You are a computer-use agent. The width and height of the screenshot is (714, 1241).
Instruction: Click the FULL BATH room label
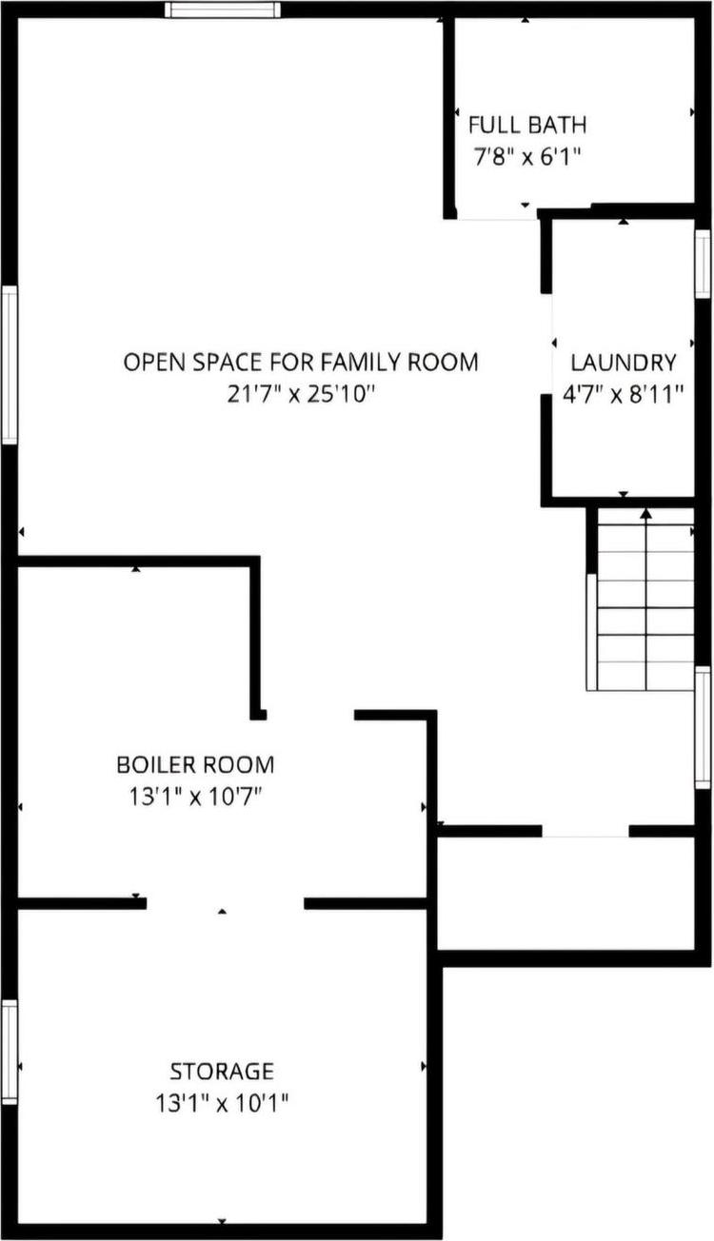click(x=526, y=125)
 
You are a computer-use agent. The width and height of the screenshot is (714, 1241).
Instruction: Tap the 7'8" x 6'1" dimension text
click(x=526, y=157)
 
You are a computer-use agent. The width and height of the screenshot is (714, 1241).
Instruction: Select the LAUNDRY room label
click(x=624, y=363)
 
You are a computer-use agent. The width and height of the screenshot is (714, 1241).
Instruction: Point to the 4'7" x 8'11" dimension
click(x=624, y=394)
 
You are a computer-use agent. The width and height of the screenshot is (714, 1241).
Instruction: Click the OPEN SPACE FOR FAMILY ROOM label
click(x=300, y=363)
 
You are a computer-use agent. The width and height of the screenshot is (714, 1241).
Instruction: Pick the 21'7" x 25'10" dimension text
click(x=300, y=394)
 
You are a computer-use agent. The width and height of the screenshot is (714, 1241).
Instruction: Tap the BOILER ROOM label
click(x=195, y=764)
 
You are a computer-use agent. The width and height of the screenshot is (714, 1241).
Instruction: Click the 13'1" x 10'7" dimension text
click(x=195, y=797)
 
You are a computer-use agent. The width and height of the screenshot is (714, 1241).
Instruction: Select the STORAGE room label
click(x=222, y=1072)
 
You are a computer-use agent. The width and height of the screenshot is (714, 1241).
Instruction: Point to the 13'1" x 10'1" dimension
click(x=222, y=1104)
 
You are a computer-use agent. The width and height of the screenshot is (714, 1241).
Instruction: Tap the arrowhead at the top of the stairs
click(x=646, y=514)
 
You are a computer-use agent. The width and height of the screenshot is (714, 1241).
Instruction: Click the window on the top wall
click(x=223, y=10)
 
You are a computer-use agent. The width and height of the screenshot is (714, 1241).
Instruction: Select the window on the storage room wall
click(x=10, y=1051)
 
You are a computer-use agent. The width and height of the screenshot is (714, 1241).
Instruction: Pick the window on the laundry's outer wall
click(x=703, y=264)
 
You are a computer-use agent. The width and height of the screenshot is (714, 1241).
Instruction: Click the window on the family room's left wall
click(x=10, y=364)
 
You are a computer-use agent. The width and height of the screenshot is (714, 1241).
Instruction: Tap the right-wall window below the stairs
click(x=703, y=727)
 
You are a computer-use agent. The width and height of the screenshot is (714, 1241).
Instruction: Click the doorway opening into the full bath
click(x=496, y=218)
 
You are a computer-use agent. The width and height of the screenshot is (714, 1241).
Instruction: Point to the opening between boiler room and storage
click(x=225, y=903)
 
